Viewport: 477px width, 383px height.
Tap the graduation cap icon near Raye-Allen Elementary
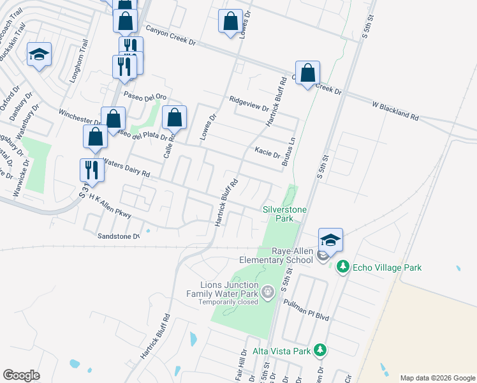[x=331, y=241]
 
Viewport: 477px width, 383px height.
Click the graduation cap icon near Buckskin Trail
[x=40, y=55]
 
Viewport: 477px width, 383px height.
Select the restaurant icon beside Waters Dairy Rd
[x=92, y=170]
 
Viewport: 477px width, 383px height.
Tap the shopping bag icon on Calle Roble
[x=174, y=117]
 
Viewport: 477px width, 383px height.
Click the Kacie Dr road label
[x=267, y=152]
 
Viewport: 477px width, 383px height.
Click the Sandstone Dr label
[x=119, y=236]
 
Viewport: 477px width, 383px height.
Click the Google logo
[x=22, y=375]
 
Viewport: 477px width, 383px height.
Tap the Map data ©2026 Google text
[x=437, y=378]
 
